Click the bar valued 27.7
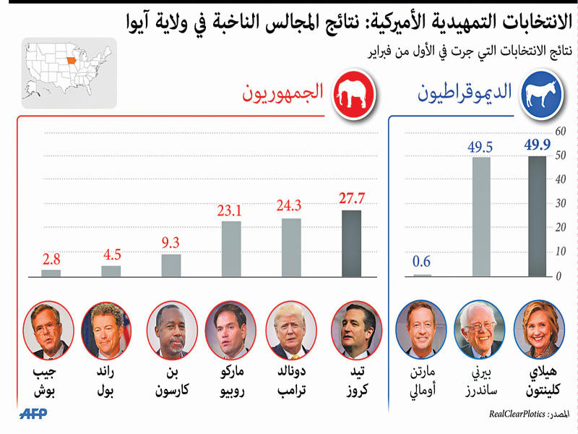pyautogui.click(x=351, y=244)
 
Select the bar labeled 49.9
pyautogui.click(x=537, y=216)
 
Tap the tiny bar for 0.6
pyautogui.click(x=422, y=275)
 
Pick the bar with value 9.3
pyautogui.click(x=171, y=265)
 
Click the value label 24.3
pyautogui.click(x=289, y=207)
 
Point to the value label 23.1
pyautogui.click(x=231, y=210)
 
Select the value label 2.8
pyautogui.click(x=51, y=259)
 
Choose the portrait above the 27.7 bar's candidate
pyautogui.click(x=351, y=331)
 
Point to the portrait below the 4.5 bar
pyautogui.click(x=106, y=331)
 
